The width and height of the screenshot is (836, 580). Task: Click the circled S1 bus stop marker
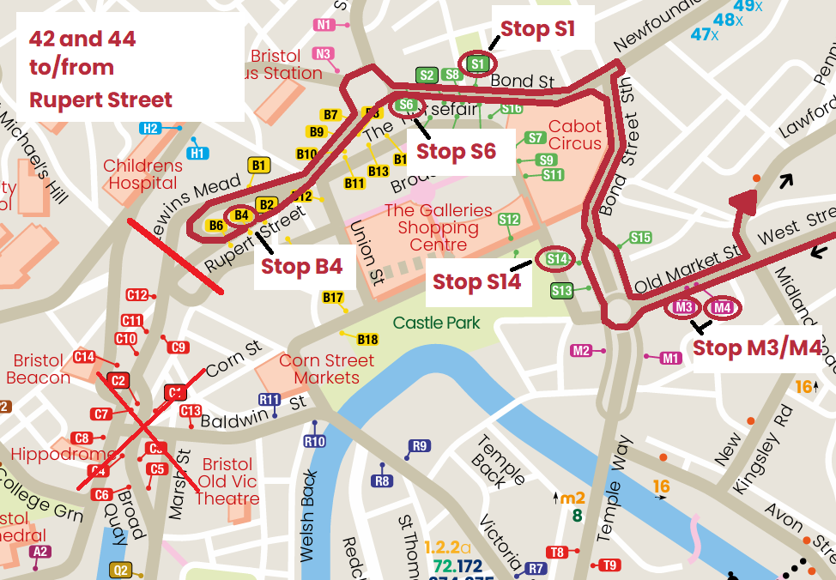(478, 63)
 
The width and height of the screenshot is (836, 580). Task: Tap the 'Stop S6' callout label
(456, 152)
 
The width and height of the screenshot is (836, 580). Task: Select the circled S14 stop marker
(556, 258)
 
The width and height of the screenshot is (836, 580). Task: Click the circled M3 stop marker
(684, 307)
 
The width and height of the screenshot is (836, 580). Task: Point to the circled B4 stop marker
(241, 214)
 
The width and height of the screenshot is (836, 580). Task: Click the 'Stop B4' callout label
(301, 266)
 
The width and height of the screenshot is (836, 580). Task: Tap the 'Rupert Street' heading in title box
(100, 100)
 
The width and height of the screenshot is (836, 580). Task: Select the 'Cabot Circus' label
(575, 135)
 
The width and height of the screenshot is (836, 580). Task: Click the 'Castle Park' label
(436, 323)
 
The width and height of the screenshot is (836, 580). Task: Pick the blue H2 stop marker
(151, 129)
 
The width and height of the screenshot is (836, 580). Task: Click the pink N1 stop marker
(324, 25)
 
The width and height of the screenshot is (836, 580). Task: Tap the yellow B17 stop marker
(333, 298)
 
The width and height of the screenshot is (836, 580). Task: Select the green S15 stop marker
(640, 238)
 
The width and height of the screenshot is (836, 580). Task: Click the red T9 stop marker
(609, 565)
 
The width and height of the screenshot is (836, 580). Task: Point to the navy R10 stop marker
(314, 441)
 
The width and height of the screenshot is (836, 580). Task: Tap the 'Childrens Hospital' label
(142, 174)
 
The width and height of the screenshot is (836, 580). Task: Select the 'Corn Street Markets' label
(326, 369)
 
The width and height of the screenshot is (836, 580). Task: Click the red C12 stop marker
(136, 294)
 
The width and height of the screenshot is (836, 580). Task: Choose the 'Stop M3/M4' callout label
(756, 347)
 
